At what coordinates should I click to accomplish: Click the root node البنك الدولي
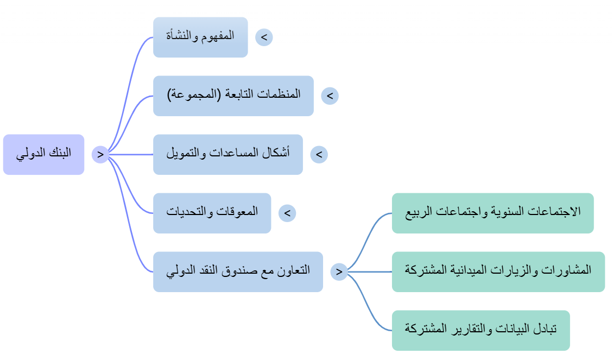pos(44,154)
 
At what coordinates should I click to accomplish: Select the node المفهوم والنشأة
pos(200,37)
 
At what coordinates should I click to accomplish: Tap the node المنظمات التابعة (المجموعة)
pos(233,96)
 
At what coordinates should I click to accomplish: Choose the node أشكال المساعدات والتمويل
pos(228,154)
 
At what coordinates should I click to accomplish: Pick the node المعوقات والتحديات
pos(212,213)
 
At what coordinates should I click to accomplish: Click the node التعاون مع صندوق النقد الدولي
pos(238,271)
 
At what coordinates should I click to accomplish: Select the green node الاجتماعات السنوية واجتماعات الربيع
pos(493,213)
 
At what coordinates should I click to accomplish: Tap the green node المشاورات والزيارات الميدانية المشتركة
pos(498,271)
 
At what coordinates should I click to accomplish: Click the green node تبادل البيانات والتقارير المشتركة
pos(481,330)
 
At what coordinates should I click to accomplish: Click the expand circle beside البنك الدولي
pos(100,154)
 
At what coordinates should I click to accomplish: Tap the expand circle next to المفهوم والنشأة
pos(264,37)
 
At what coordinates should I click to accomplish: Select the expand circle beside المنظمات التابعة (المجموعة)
pos(330,96)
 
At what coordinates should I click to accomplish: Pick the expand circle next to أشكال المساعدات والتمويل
pos(319,154)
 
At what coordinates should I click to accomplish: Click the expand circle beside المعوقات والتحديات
pos(287,213)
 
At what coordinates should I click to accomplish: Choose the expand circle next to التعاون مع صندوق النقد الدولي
pos(339,271)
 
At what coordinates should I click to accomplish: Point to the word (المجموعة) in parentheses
pos(192,94)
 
